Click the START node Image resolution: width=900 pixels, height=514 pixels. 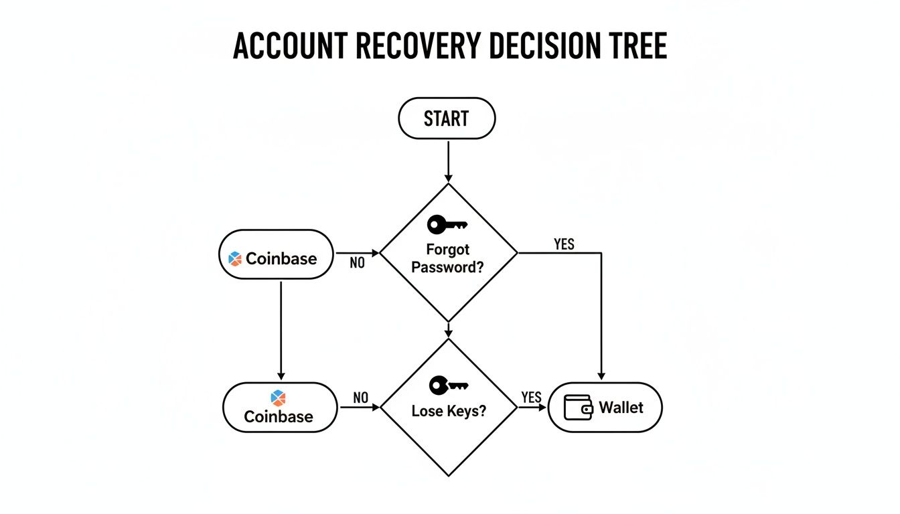pos(447,118)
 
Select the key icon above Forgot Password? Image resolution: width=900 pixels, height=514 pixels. pos(447,224)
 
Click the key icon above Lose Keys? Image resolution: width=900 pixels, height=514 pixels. pos(448,385)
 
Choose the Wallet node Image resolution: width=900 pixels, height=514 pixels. pos(605,407)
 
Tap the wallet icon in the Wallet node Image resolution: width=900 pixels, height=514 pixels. pos(578,408)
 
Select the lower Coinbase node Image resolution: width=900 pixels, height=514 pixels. pos(279,407)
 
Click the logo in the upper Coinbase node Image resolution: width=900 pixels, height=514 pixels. pos(234,258)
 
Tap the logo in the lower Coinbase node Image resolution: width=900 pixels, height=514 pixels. pos(278,398)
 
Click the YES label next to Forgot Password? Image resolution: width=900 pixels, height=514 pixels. pos(564,244)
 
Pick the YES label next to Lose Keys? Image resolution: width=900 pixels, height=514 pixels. pos(530,397)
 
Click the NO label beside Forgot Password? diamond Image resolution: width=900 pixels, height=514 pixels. pos(358,263)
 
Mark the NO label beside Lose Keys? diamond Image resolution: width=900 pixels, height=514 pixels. pos(361,397)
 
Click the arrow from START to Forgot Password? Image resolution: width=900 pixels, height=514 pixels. pos(447,161)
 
